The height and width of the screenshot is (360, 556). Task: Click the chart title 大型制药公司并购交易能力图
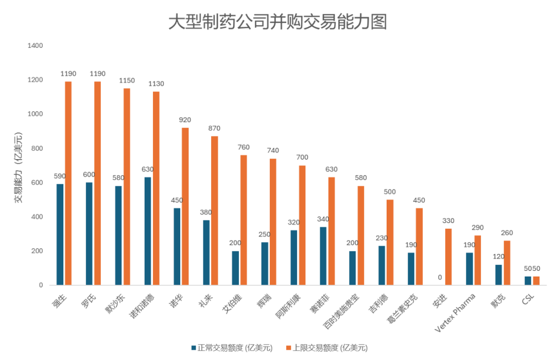(277, 22)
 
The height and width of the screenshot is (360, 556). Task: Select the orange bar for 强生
(68, 183)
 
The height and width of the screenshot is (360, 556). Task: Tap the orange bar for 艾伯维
(244, 220)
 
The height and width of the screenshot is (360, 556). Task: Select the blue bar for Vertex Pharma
(469, 268)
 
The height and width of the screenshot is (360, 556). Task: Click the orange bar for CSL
(536, 281)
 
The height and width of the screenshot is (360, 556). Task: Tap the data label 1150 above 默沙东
(127, 81)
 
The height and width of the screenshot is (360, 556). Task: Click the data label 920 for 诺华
(185, 120)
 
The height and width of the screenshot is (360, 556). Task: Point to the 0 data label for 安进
(440, 278)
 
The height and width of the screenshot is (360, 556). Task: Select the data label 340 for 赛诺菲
(323, 219)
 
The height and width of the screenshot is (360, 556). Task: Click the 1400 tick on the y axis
(36, 46)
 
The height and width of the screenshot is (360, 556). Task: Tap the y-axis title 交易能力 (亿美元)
(19, 167)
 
